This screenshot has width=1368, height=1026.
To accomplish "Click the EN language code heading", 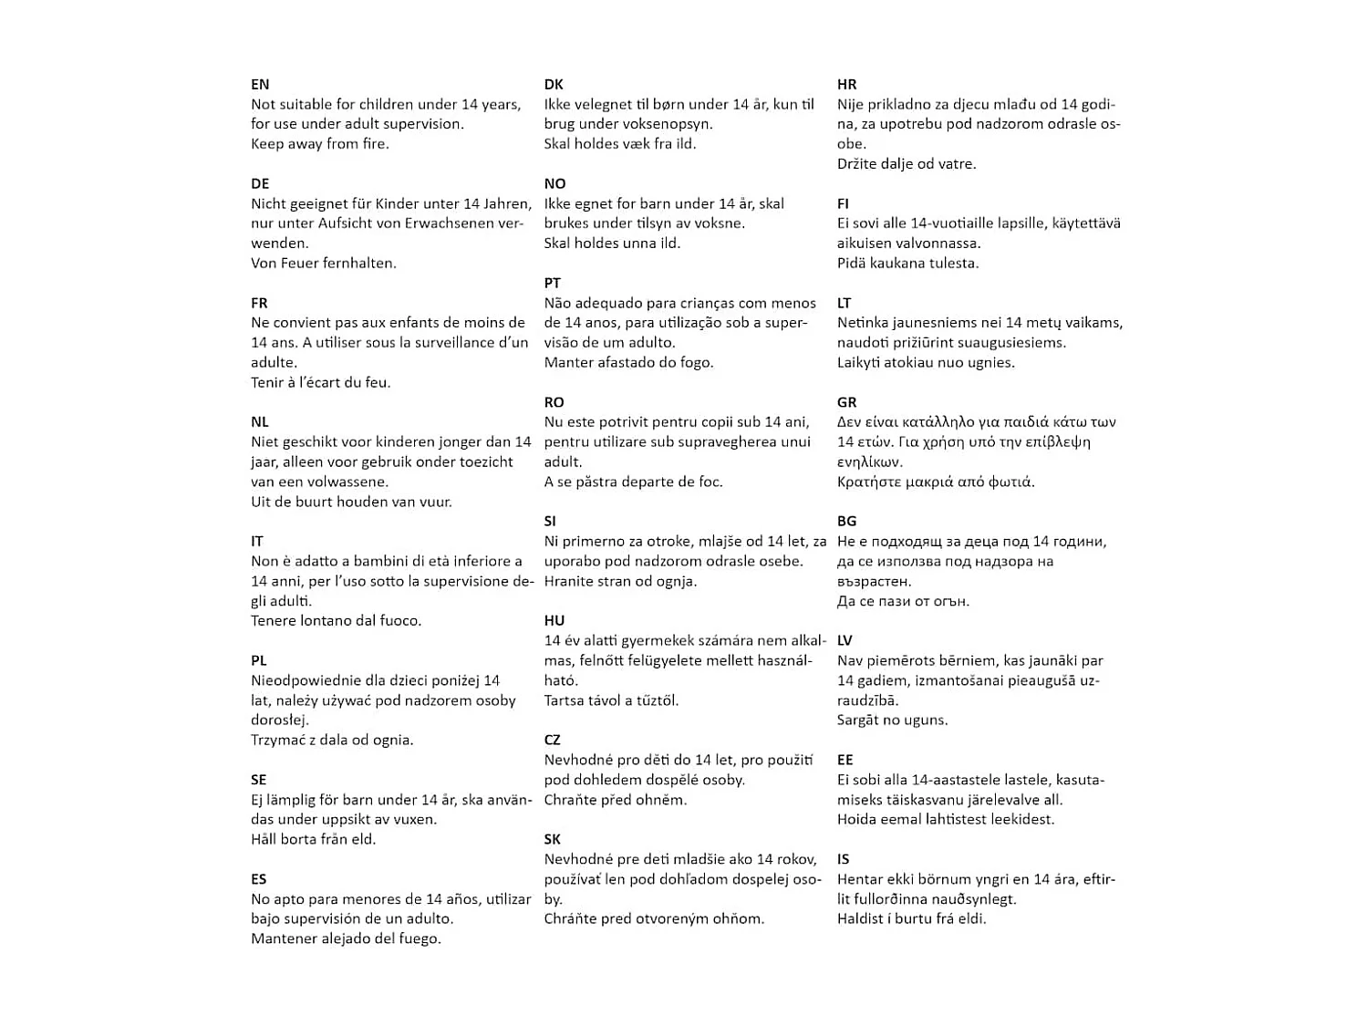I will point(260,85).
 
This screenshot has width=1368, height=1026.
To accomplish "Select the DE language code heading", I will point(260,184).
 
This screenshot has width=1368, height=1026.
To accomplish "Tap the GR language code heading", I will point(847,402).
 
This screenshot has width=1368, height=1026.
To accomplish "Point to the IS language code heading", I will point(844,859).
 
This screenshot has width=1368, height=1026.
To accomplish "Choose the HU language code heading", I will point(554,621).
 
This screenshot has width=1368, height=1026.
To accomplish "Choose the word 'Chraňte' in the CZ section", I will point(571,800).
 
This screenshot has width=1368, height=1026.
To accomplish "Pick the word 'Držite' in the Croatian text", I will point(858,164).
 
